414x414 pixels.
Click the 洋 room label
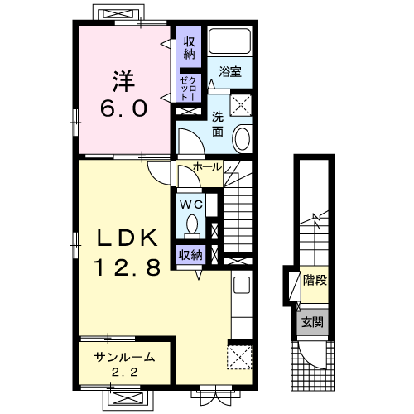click(123, 81)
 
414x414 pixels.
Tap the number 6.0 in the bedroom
click(123, 108)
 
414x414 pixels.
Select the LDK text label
click(128, 238)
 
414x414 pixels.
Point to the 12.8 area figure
click(128, 267)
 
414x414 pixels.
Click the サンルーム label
click(124, 358)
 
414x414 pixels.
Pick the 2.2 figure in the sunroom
click(125, 373)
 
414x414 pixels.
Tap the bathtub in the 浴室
click(229, 41)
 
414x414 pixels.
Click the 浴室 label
click(230, 72)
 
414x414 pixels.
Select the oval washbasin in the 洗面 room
click(243, 139)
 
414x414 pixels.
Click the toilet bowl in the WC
click(192, 224)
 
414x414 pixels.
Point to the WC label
click(191, 205)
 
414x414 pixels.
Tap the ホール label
click(207, 166)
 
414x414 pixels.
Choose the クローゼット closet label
click(188, 89)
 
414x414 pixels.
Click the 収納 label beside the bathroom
click(190, 48)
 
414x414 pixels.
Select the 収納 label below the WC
click(190, 255)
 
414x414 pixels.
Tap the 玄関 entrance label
click(312, 322)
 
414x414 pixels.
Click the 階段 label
click(315, 281)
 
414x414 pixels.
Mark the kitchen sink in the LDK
click(242, 285)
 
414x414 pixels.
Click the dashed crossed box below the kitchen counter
click(239, 357)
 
